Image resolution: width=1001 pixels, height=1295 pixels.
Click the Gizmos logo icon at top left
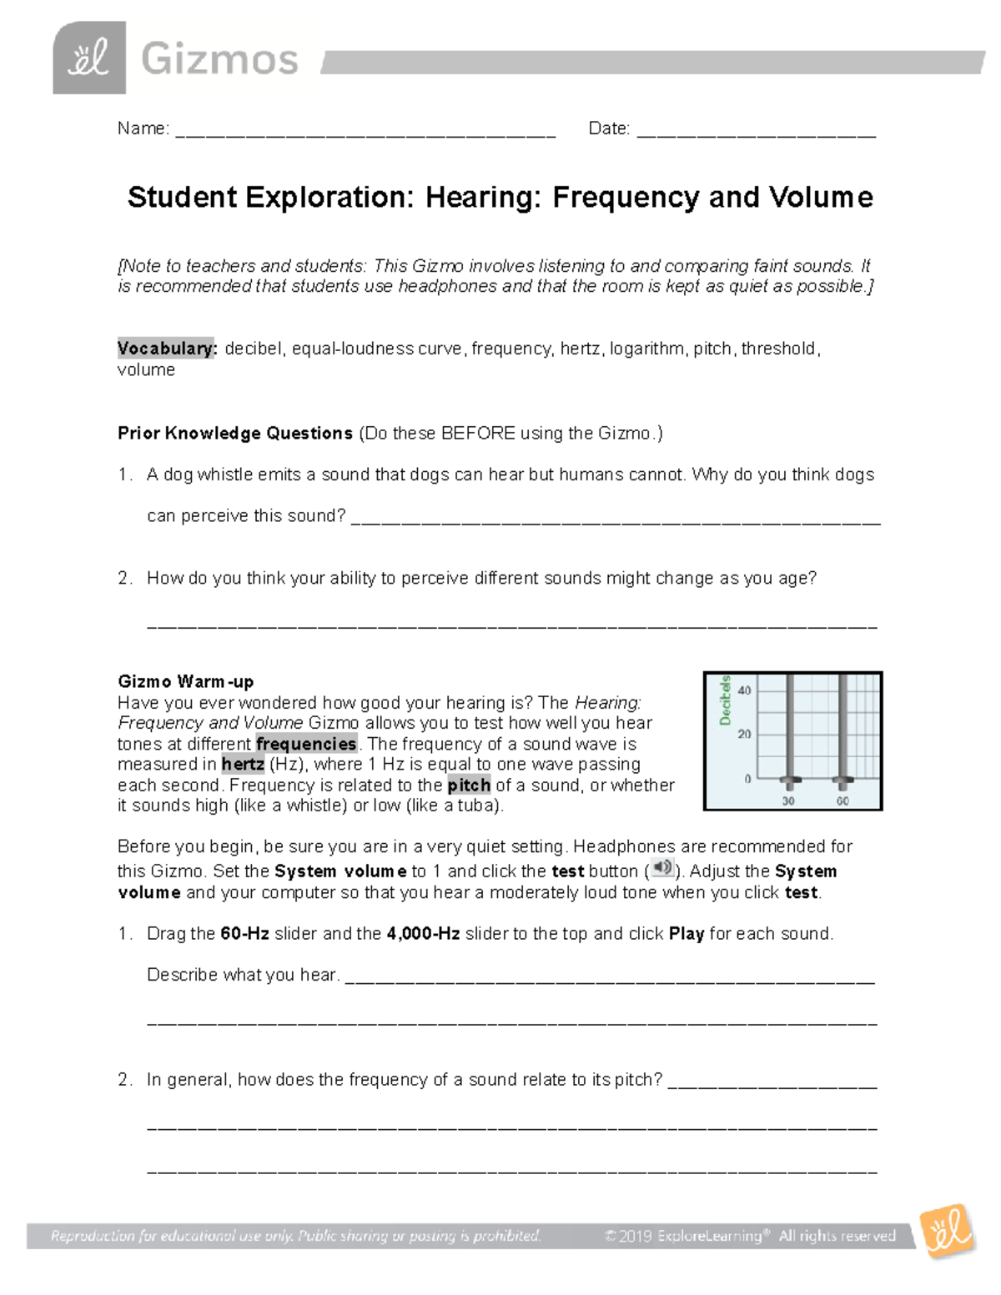[x=89, y=58]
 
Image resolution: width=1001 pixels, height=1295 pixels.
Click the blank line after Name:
[x=365, y=132]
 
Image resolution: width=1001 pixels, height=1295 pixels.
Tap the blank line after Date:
[x=756, y=132]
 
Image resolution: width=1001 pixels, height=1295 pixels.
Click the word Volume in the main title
[x=821, y=198]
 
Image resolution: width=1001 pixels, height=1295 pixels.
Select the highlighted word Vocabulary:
[x=167, y=349]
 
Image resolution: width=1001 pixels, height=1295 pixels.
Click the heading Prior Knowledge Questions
[x=235, y=434]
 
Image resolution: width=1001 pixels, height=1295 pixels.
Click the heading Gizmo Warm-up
[x=185, y=681]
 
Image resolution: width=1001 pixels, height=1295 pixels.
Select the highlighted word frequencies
[x=306, y=744]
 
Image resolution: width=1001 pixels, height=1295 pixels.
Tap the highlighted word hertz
[x=243, y=764]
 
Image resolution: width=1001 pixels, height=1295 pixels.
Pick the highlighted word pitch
[x=469, y=785]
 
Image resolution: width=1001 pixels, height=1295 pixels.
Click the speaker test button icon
[x=662, y=868]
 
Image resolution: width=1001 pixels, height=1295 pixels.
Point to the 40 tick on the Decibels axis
[x=744, y=690]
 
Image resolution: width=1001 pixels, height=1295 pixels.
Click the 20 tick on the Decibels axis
[x=744, y=734]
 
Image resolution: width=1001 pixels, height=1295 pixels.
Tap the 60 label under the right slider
[x=843, y=801]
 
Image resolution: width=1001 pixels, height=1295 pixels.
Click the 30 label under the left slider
[x=788, y=801]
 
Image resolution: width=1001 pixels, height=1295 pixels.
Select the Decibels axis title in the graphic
[x=725, y=700]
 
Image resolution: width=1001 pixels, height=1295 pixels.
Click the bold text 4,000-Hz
[x=423, y=934]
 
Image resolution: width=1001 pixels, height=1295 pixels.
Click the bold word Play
[x=687, y=934]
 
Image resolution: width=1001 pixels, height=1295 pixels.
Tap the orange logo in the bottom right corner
[x=948, y=1231]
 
